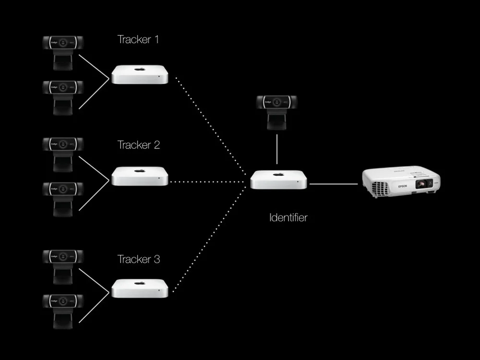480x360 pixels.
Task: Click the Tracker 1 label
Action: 138,40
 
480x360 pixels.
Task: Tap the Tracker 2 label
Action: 139,145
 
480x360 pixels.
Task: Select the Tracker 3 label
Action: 139,260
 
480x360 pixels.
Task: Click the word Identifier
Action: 288,217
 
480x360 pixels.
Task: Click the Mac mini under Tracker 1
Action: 140,75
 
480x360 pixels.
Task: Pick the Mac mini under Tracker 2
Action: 140,176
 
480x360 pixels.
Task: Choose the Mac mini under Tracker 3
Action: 140,288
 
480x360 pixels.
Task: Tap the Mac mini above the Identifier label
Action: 278,180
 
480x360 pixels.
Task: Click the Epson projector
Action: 400,182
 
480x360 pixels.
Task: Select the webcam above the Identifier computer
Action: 276,111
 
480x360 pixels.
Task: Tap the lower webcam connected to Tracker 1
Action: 63,96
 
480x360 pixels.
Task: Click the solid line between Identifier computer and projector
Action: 334,183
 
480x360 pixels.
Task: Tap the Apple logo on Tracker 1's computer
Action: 140,70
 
